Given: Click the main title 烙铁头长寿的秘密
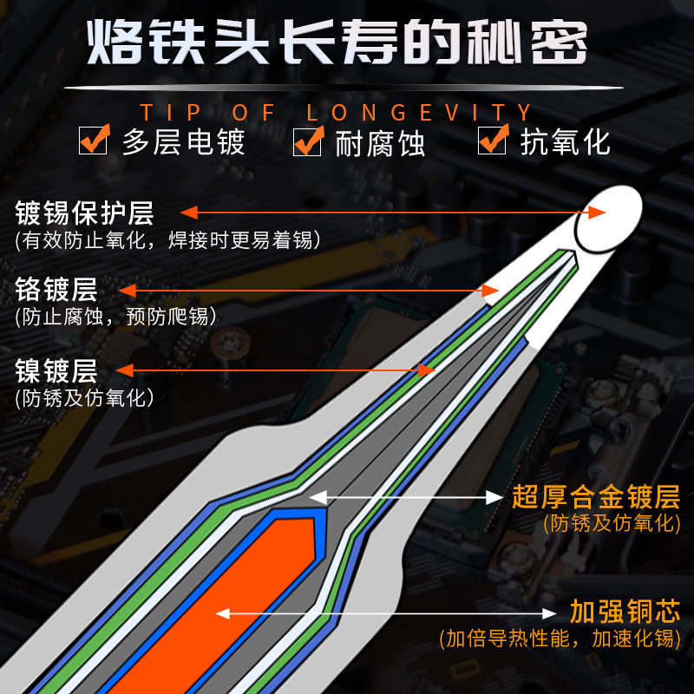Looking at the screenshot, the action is [338, 41].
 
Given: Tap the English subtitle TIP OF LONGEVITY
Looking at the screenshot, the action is [337, 113].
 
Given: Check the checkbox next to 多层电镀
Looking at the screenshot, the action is [93, 140].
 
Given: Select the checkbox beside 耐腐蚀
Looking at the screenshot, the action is [307, 141].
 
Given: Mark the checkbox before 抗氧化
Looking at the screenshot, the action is [492, 140].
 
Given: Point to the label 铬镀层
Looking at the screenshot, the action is [57, 289].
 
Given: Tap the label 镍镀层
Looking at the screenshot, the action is [57, 370].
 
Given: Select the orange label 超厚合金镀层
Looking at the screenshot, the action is [595, 497].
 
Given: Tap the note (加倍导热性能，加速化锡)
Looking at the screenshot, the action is [557, 639].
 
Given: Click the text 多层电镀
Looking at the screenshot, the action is [183, 141].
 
